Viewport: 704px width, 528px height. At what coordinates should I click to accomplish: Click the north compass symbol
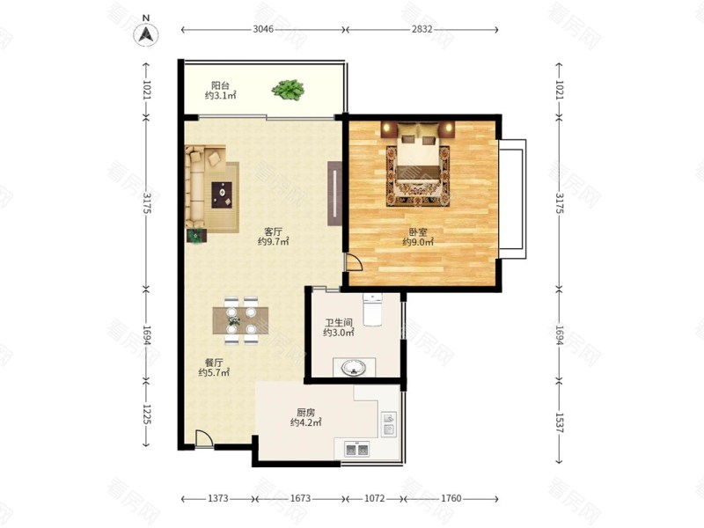click(x=145, y=32)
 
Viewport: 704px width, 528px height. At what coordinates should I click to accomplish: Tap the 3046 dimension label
click(x=263, y=29)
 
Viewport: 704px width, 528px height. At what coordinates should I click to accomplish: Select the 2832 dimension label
click(x=422, y=29)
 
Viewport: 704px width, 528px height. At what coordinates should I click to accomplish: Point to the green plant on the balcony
click(x=288, y=90)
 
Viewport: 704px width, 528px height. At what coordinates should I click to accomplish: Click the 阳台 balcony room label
click(x=221, y=85)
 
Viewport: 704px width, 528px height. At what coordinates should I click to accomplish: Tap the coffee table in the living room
click(x=222, y=194)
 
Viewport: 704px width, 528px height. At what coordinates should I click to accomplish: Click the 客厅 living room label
click(x=273, y=231)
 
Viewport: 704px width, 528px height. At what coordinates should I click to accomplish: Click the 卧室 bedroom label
click(x=417, y=232)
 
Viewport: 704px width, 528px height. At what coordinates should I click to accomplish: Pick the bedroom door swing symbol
click(x=354, y=262)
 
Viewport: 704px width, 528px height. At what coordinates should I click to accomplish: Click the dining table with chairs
click(x=240, y=320)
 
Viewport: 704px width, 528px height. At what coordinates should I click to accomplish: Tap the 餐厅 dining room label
click(x=214, y=363)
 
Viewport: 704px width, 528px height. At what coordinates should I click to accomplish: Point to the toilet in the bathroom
click(x=372, y=309)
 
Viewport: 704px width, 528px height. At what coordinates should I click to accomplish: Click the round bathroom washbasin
click(x=354, y=369)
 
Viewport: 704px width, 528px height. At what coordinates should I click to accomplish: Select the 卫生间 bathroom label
click(x=339, y=322)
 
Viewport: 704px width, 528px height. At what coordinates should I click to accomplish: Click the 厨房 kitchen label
click(x=305, y=412)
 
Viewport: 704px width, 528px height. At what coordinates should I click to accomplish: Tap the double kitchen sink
click(x=356, y=449)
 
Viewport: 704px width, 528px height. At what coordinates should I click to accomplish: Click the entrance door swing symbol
click(x=204, y=438)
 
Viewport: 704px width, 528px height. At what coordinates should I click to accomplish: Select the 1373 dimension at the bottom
click(x=218, y=498)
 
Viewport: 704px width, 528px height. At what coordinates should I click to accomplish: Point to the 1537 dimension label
click(x=560, y=422)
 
